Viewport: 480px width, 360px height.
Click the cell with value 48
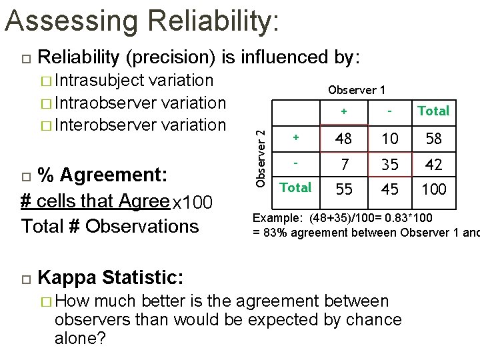344,139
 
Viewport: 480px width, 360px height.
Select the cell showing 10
390,139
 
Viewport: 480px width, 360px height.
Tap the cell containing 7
344,164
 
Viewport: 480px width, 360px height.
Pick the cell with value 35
390,164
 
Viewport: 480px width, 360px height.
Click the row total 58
434,139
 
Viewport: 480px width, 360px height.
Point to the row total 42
434,164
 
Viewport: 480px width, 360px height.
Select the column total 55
344,189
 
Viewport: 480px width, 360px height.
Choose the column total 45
390,189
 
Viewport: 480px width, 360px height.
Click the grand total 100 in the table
434,189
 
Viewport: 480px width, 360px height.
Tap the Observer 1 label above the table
356,90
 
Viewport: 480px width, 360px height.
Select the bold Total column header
433,111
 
